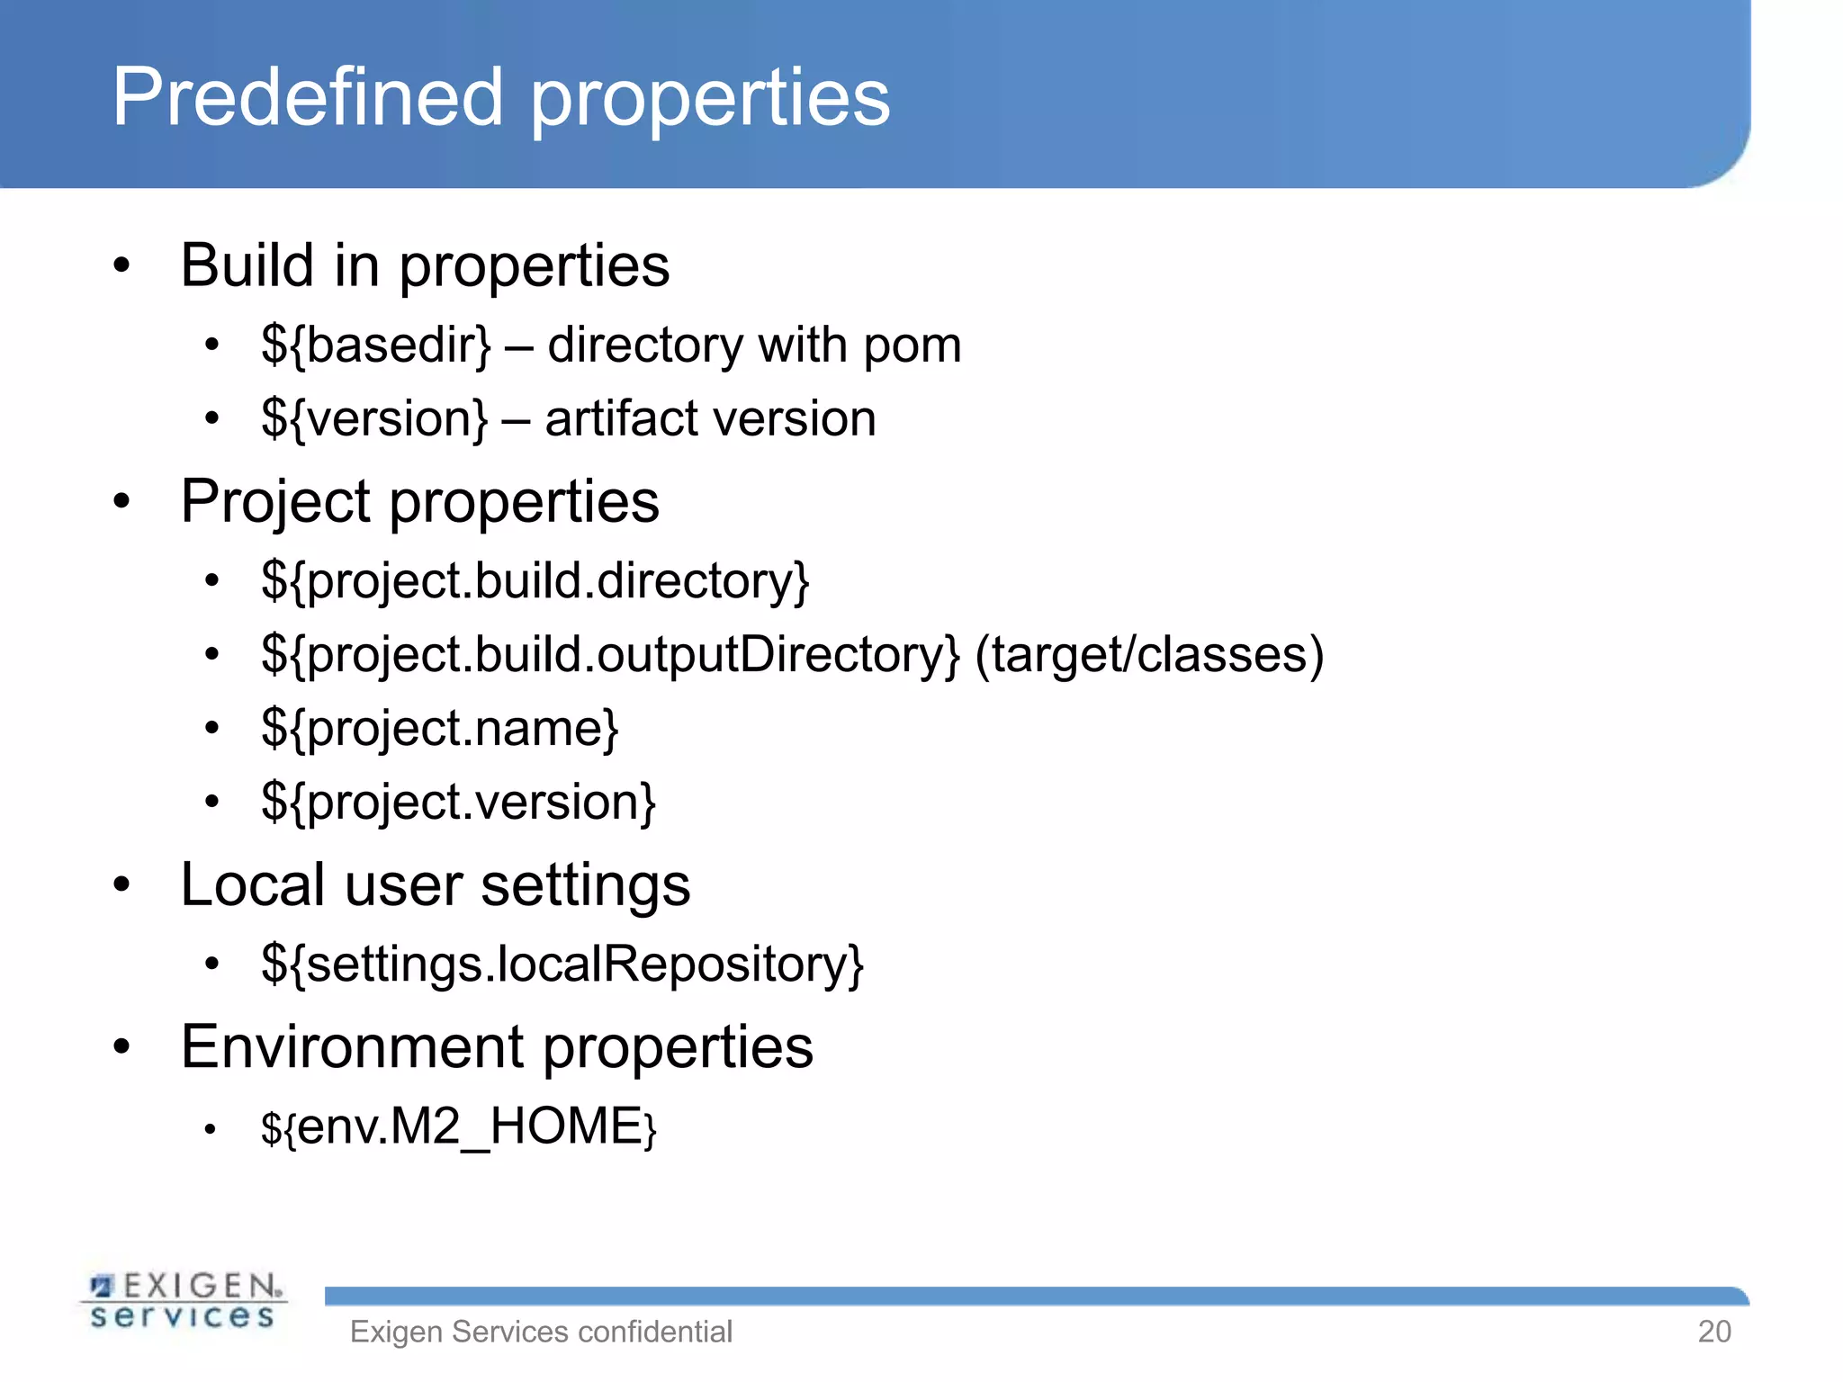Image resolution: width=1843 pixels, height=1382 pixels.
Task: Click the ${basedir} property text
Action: click(376, 345)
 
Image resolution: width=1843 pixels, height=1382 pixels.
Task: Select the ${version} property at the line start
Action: click(374, 419)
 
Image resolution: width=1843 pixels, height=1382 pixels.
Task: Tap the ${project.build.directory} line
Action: click(535, 581)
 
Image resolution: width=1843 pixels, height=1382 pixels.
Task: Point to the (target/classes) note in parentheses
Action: click(1149, 655)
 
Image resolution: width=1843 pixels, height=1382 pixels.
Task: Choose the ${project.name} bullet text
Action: click(440, 729)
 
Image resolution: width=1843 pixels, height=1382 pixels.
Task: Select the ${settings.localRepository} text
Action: click(562, 965)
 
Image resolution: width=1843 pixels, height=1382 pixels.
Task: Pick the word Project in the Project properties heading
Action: click(275, 502)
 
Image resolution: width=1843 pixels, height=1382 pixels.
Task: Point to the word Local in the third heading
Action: click(252, 885)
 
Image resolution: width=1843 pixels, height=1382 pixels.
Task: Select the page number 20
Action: click(1714, 1332)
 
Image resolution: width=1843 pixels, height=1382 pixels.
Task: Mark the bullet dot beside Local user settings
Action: click(122, 885)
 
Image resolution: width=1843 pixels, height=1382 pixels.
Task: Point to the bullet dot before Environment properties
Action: click(122, 1047)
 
